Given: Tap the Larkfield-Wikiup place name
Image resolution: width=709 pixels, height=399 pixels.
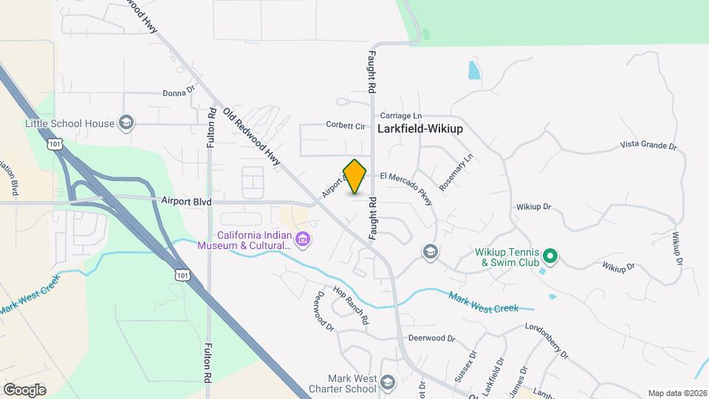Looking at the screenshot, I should click(x=419, y=128).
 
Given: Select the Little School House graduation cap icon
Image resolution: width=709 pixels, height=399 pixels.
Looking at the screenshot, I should click(x=126, y=123).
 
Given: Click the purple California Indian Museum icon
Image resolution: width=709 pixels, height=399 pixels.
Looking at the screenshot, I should click(x=303, y=239).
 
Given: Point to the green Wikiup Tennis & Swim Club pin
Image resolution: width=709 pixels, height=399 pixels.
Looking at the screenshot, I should click(x=549, y=256).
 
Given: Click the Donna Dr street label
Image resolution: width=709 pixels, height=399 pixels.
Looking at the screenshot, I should click(x=178, y=94).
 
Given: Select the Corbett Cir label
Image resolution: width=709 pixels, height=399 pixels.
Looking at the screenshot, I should click(x=346, y=126).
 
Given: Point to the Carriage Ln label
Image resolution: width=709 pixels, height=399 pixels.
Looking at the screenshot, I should click(x=401, y=116).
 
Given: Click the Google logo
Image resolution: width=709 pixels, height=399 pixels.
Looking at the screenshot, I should click(x=24, y=389).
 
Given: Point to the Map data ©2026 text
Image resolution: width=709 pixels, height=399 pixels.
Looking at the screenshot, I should click(x=677, y=393).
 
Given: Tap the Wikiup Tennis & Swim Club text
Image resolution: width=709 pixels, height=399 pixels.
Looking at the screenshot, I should click(x=505, y=256).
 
